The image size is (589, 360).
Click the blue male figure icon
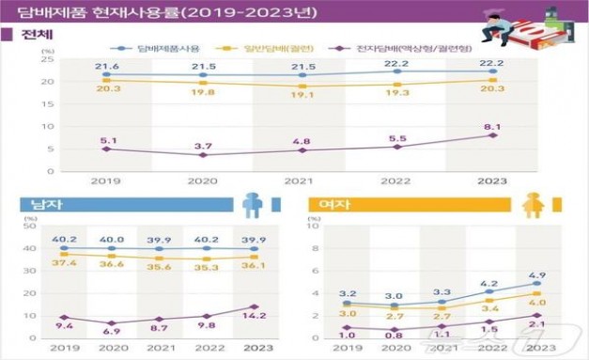252,205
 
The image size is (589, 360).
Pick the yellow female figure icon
531,205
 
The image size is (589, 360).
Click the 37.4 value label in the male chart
57,264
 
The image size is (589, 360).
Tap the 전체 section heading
35,35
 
